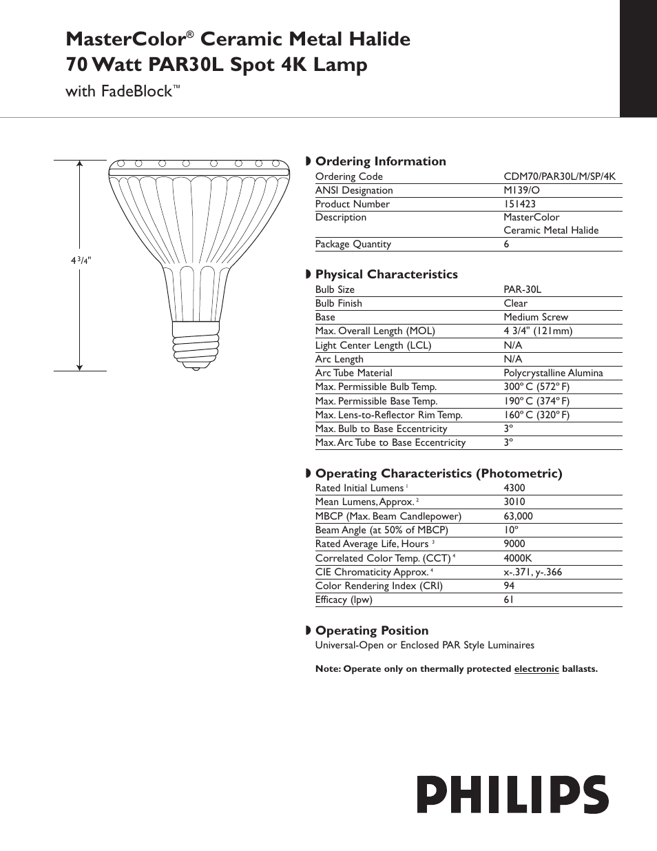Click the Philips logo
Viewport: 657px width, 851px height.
click(512, 794)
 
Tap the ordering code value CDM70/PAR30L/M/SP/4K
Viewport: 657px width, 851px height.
click(559, 176)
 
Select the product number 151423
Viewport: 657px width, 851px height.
click(519, 204)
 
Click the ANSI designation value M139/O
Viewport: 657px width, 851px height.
click(521, 190)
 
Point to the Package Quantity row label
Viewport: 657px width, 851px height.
click(353, 244)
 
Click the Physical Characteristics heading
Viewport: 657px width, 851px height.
click(386, 274)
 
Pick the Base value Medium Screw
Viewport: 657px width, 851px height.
click(536, 317)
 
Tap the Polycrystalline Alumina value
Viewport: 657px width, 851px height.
click(553, 373)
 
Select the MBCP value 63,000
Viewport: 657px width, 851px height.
click(518, 516)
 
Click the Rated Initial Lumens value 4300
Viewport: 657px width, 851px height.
click(514, 488)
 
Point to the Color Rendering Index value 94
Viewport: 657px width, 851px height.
click(509, 586)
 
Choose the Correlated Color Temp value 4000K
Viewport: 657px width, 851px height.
click(517, 558)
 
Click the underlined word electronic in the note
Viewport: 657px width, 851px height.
click(536, 668)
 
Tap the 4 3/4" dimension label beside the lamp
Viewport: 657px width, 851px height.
click(81, 260)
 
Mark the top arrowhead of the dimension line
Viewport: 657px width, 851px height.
click(81, 165)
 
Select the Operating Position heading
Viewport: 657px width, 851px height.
click(372, 630)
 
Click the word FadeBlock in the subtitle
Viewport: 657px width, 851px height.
click(136, 91)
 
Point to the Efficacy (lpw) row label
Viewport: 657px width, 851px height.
click(344, 599)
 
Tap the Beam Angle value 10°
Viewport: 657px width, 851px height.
click(510, 530)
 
